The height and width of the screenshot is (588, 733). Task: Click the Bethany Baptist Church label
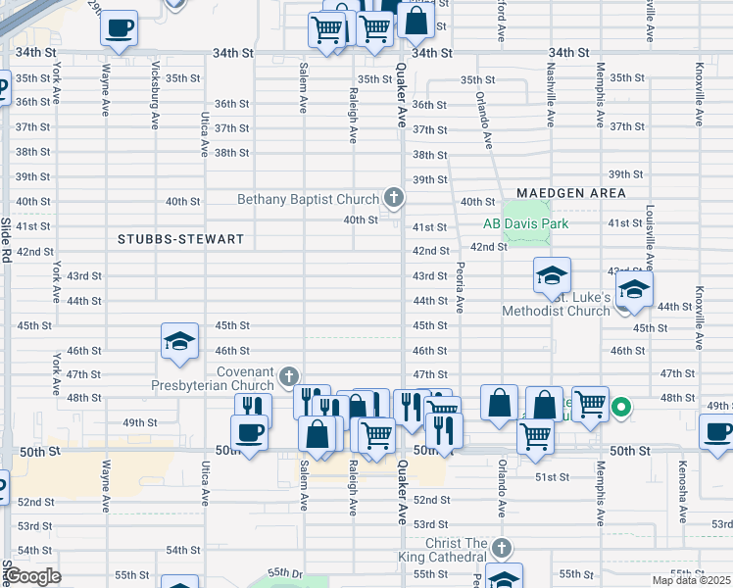tap(308, 200)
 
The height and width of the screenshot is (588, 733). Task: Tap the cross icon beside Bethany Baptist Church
tap(394, 200)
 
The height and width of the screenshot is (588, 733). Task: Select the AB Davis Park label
tap(525, 223)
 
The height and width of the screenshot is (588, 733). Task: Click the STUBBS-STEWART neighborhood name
tap(180, 239)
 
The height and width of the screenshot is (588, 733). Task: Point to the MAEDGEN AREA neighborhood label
tap(571, 193)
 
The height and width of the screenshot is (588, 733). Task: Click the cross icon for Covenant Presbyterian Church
tap(289, 376)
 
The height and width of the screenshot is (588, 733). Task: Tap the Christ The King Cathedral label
tap(456, 543)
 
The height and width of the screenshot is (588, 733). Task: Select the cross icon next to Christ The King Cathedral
tap(502, 547)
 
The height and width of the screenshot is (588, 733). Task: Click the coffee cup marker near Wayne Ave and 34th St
tap(120, 28)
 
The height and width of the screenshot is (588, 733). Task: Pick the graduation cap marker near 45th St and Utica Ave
tap(180, 341)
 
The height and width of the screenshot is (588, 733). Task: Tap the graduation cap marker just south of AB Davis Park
tap(552, 275)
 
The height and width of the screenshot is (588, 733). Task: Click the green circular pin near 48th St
tap(620, 405)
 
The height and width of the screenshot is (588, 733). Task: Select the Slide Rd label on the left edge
tap(6, 240)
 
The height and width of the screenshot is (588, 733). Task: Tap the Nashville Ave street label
tap(551, 98)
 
